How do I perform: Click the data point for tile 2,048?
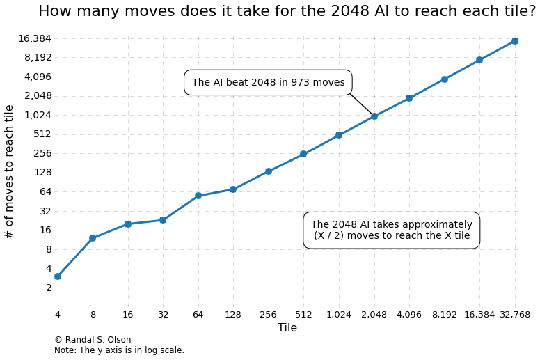click(374, 116)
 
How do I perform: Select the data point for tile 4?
click(58, 276)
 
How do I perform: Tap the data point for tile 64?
click(198, 196)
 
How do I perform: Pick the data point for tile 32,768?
click(515, 41)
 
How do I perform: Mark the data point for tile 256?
click(269, 171)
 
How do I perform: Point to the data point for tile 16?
click(128, 224)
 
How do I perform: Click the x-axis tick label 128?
click(233, 315)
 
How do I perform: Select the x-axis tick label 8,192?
click(445, 315)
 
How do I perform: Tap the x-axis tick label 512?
click(303, 315)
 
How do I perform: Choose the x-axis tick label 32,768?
click(515, 315)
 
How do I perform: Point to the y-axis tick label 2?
click(49, 288)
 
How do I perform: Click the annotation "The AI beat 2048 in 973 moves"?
click(268, 83)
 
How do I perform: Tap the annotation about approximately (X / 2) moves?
click(391, 230)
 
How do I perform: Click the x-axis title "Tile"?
click(287, 328)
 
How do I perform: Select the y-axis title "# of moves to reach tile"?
click(10, 171)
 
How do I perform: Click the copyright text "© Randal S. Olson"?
click(93, 340)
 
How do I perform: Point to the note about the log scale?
click(119, 350)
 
